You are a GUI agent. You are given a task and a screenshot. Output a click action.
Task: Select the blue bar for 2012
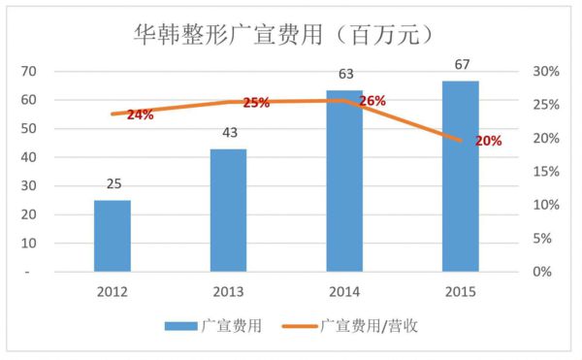coord(113,236)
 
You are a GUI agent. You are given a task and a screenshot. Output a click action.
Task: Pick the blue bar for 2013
coord(228,210)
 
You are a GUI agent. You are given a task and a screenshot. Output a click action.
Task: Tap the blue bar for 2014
coord(344,180)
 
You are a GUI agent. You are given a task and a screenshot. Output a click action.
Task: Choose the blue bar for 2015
coord(460,176)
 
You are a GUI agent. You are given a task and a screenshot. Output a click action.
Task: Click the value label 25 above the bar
coord(113,184)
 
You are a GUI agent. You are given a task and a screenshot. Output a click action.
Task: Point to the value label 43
coord(228,132)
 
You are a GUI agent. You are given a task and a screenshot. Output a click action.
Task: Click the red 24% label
coord(140,115)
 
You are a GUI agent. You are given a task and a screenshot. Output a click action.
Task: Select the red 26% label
coord(372,101)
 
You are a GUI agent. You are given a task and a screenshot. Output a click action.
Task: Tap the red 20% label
coord(488,141)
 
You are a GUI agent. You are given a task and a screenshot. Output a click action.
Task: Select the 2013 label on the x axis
coord(228,290)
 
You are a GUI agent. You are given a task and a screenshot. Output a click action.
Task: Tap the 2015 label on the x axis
coord(460,290)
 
